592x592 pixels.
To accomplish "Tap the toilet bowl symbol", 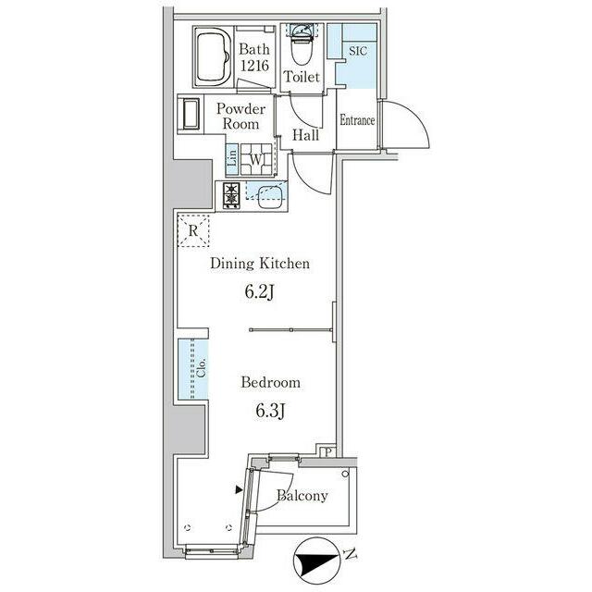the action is [x=302, y=47].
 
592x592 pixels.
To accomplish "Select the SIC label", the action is [x=358, y=51].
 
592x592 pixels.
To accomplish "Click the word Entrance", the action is [x=357, y=120].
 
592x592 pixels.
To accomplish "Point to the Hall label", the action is [x=306, y=135].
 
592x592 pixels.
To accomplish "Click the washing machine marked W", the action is [x=257, y=159].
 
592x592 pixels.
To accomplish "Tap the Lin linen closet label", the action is [x=232, y=158].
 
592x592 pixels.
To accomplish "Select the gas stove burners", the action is [x=231, y=194].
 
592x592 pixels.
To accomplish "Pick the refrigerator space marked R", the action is [x=193, y=230].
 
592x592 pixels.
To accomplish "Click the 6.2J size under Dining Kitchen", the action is [x=259, y=291].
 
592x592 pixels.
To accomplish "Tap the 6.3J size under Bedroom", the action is [x=270, y=411].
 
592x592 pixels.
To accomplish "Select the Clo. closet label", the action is [x=202, y=368].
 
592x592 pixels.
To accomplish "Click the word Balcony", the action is [x=302, y=495].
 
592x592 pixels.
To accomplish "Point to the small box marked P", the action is [x=327, y=451].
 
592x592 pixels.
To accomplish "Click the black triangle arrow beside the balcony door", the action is [x=239, y=489].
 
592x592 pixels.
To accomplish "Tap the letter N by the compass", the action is [x=350, y=555].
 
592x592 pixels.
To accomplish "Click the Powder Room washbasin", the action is [x=191, y=114].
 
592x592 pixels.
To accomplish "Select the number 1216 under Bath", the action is [x=254, y=66].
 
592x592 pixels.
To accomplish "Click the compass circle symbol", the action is [x=317, y=561].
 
